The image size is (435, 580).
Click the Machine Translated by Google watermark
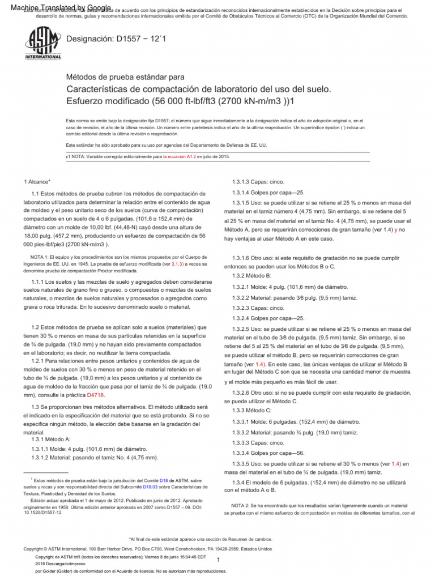pos(56,6)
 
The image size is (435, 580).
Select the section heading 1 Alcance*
pos(37,181)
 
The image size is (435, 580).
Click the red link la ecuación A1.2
pos(180,156)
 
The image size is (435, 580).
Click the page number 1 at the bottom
pos(217,559)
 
